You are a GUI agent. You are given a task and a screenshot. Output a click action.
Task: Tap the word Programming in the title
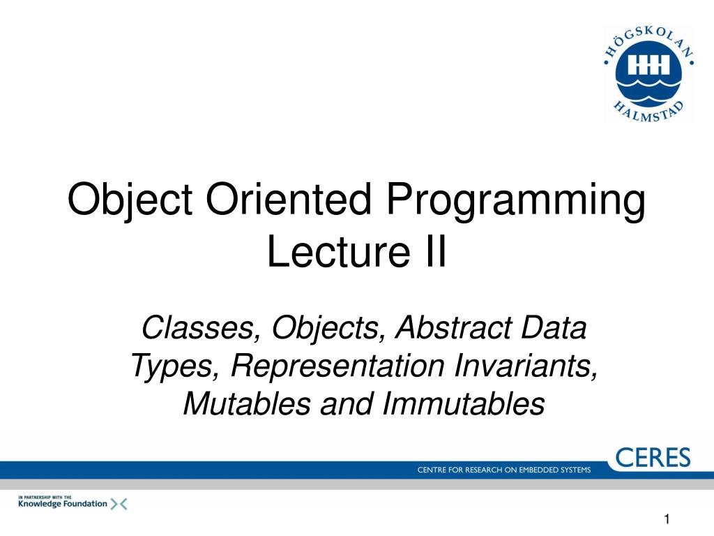click(x=517, y=202)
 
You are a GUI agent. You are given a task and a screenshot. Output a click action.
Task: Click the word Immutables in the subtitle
click(x=463, y=404)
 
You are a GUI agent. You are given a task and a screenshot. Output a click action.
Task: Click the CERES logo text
click(x=653, y=458)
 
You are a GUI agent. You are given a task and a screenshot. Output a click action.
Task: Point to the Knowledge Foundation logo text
click(x=62, y=503)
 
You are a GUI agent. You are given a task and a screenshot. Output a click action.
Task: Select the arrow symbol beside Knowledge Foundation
click(x=119, y=503)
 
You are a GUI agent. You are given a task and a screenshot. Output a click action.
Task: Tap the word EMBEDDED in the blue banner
click(x=532, y=470)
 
